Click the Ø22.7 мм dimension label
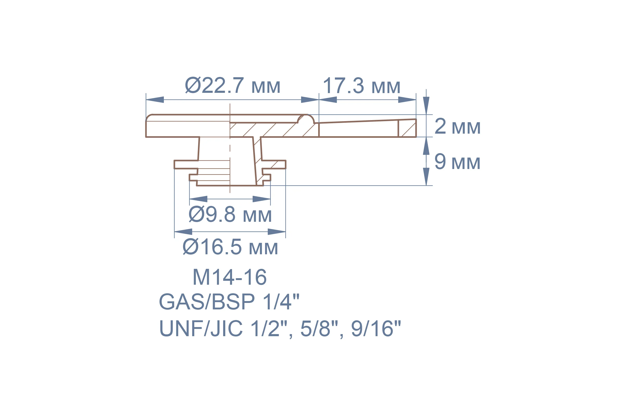[x=233, y=86]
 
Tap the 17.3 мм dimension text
[x=362, y=86]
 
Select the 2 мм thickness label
[x=457, y=126]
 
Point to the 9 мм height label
[x=457, y=161]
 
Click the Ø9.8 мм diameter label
[x=230, y=214]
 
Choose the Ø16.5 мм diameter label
[x=230, y=247]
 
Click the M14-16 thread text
[x=230, y=277]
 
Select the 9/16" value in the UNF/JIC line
[x=376, y=328]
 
